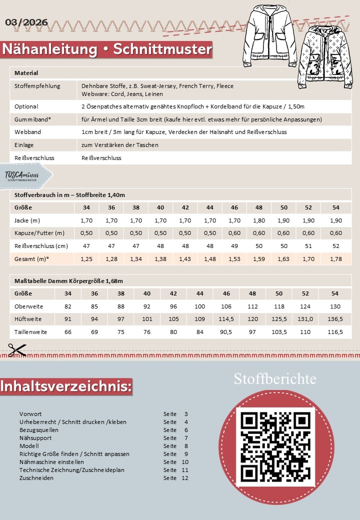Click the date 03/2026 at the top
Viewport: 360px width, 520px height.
pos(26,22)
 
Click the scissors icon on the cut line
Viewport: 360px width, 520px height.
pos(17,349)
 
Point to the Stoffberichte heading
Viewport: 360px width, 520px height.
pos(275,379)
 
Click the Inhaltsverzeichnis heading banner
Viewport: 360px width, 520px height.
pos(66,386)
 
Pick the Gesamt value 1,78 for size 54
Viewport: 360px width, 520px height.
pos(335,258)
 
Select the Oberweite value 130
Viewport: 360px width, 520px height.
pos(335,306)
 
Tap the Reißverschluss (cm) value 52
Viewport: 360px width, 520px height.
pos(335,245)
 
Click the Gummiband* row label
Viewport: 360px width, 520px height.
pos(29,119)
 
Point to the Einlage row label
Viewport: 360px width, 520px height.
pos(24,144)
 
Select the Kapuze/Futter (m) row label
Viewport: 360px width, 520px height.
pos(39,233)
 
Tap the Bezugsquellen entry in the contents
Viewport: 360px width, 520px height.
pos(39,430)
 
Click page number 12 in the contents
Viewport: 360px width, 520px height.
pos(185,478)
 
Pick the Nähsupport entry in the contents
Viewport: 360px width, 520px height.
pos(34,438)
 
